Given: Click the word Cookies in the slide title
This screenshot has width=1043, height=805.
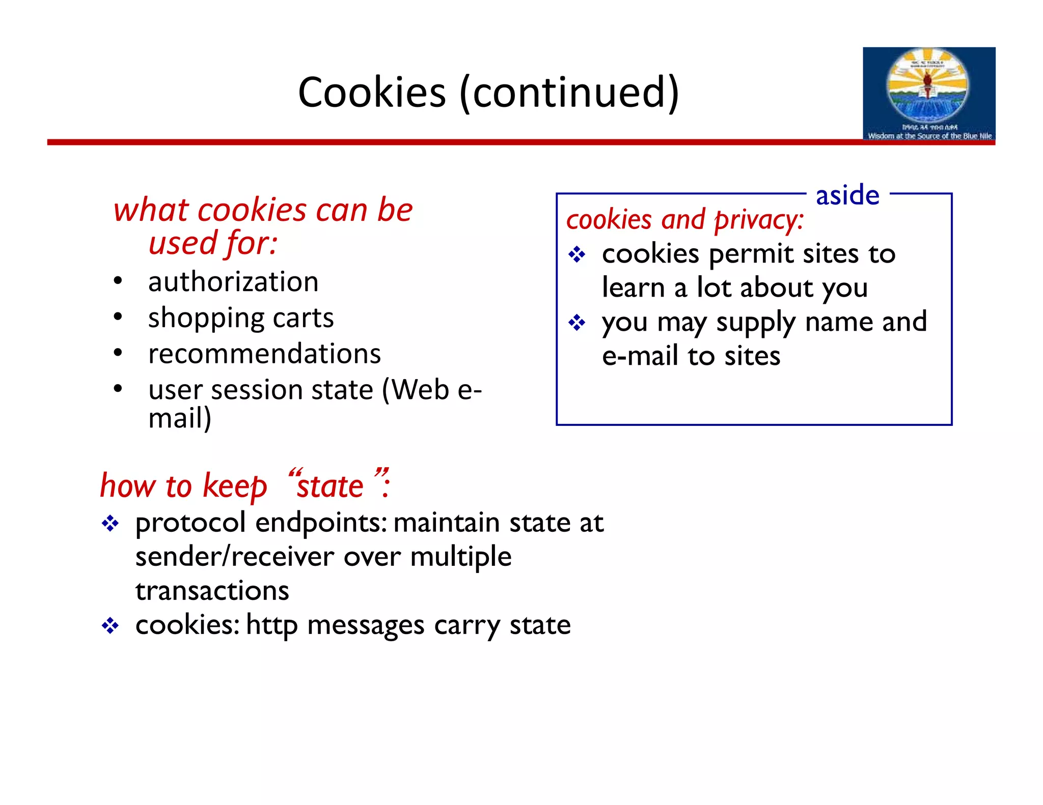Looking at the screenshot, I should tap(372, 93).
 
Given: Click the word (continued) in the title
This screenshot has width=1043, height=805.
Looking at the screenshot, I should tap(569, 93).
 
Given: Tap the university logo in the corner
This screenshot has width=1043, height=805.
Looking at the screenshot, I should tap(928, 94).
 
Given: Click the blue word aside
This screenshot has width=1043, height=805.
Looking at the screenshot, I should tap(847, 195).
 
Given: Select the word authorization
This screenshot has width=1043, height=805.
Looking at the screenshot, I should tap(233, 282).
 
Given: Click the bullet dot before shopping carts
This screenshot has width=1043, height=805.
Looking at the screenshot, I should tap(118, 317).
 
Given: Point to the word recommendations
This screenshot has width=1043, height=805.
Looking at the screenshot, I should tap(264, 354).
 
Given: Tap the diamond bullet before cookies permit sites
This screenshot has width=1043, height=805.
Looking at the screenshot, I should tap(577, 254).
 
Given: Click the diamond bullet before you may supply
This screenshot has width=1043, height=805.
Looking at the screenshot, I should tap(577, 323).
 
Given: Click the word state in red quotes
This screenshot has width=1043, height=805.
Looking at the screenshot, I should tap(330, 486).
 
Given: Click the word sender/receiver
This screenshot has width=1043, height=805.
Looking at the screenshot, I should tap(235, 556).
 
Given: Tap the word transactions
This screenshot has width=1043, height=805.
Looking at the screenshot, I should tap(212, 591).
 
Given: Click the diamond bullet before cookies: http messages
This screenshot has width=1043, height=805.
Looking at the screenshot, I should tap(110, 625).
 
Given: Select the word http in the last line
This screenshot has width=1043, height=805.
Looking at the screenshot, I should tap(271, 625).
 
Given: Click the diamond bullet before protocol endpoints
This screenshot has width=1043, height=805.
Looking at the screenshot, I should tap(110, 523).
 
